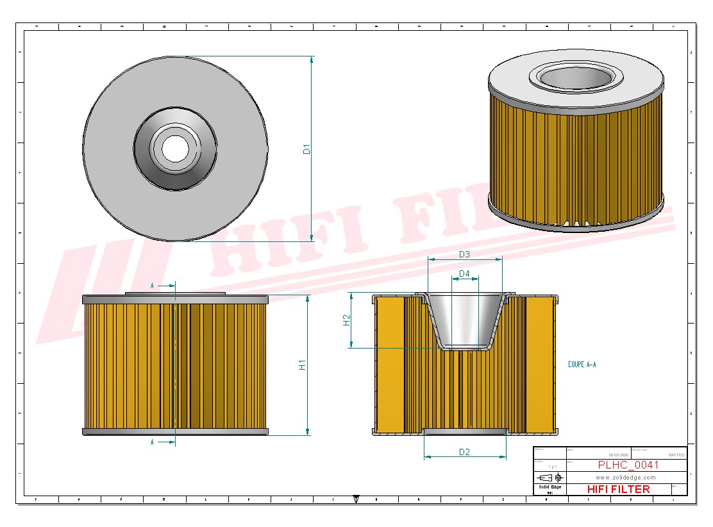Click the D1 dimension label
click(306, 149)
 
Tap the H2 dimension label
click(346, 320)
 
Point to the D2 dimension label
click(464, 452)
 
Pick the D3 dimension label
click(464, 254)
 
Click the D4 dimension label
click(464, 274)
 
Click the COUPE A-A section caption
click(582, 365)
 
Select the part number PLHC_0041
click(628, 465)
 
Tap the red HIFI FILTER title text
click(618, 489)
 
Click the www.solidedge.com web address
click(625, 478)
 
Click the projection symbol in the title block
click(550, 478)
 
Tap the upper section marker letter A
click(152, 284)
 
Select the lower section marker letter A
click(152, 442)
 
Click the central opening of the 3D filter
click(575, 77)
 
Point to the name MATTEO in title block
click(676, 454)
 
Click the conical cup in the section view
click(464, 321)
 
